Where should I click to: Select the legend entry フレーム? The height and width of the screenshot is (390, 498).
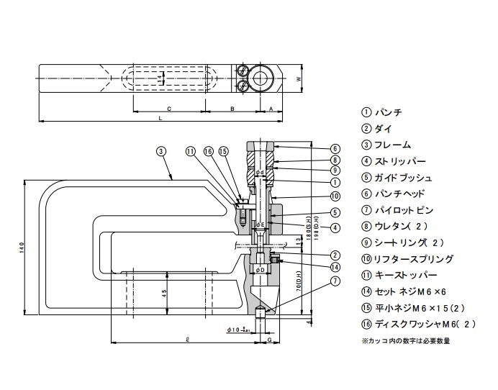point(386,145)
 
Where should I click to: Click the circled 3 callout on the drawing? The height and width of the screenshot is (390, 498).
point(161,151)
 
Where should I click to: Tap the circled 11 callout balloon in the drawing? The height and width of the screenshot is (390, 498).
point(191,151)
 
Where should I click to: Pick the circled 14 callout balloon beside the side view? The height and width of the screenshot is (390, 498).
point(335,267)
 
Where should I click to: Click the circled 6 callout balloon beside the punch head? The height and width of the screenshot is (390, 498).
point(335,148)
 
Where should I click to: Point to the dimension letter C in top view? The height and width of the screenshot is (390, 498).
point(168,108)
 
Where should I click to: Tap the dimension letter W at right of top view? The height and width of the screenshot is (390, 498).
point(298,79)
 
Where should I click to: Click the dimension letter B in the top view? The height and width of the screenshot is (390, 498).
point(232,108)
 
